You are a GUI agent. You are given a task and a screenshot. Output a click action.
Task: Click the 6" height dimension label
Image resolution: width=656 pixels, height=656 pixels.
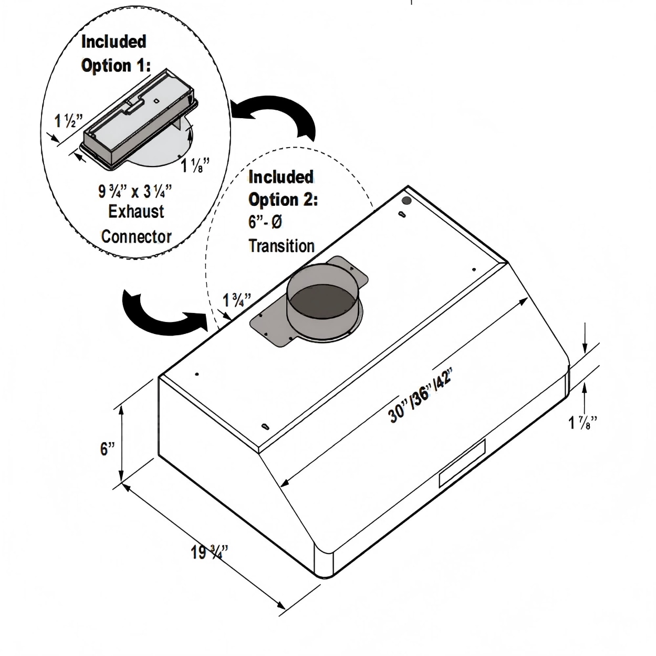click(108, 449)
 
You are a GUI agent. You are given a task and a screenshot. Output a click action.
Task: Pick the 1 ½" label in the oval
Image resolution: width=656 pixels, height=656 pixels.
click(68, 121)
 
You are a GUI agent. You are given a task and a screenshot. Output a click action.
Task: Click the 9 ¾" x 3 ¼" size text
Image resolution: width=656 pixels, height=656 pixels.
click(135, 191)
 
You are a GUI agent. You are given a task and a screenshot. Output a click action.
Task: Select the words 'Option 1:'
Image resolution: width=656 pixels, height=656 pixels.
click(116, 66)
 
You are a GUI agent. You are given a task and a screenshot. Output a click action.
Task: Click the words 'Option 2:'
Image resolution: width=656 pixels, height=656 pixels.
click(283, 200)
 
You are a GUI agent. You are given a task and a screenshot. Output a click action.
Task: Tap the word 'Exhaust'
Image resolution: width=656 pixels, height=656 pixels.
click(136, 212)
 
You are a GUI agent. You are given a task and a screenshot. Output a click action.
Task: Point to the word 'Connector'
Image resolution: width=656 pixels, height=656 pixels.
click(136, 236)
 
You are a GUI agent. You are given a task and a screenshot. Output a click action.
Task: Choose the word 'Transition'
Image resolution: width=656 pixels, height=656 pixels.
click(282, 245)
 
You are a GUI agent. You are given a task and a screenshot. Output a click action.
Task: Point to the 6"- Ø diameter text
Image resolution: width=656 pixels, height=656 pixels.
click(265, 222)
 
